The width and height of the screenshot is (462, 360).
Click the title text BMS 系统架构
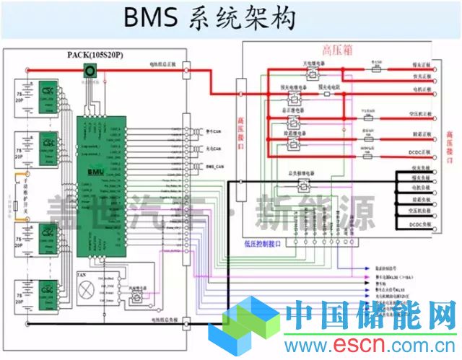tap(209, 19)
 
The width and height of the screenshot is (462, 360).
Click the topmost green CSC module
tap(49, 94)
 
